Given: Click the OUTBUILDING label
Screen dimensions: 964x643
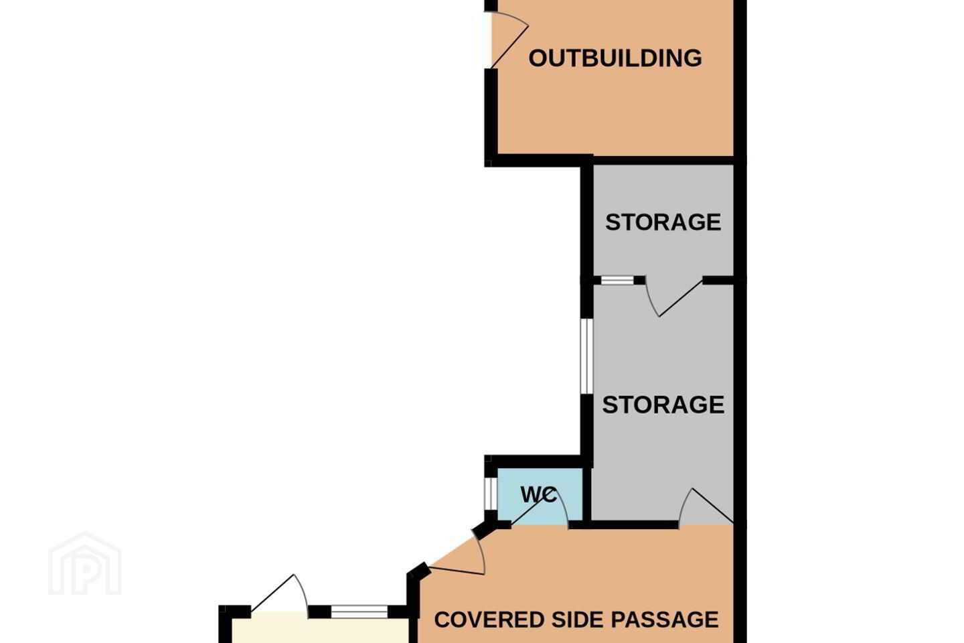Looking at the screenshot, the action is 615,58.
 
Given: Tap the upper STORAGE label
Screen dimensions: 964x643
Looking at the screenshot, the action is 663,222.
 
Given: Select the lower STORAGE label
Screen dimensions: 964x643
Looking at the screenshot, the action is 663,405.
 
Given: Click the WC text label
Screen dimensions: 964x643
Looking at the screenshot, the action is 538,494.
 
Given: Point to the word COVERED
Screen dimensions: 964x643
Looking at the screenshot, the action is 489,620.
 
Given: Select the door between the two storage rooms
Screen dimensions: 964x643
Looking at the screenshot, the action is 674,297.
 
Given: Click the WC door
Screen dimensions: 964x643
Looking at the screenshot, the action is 540,508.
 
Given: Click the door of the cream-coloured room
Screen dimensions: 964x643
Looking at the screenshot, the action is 280,593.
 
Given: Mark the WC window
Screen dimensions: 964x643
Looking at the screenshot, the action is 491,493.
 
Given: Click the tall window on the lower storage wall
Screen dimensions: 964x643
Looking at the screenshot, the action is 586,356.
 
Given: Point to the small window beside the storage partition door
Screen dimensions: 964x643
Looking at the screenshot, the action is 617,281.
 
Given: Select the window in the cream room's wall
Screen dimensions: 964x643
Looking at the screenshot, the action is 359,612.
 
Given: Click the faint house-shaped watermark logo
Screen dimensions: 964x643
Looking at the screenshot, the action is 85,564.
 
